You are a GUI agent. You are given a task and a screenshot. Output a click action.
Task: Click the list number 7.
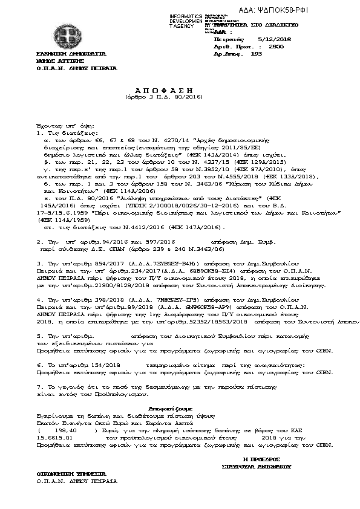pos(39,385)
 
